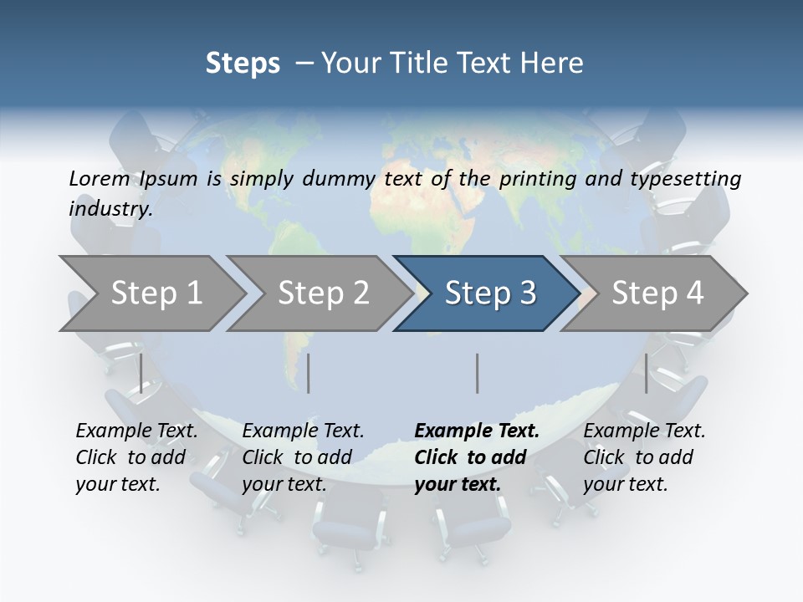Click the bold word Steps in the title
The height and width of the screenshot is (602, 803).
click(243, 63)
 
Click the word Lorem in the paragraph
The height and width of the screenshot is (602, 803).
click(99, 178)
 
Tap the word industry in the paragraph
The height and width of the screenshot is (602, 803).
click(110, 208)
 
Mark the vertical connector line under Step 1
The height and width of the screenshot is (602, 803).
click(141, 373)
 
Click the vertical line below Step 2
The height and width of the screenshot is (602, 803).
click(309, 373)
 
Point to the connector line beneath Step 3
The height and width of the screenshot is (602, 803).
click(478, 373)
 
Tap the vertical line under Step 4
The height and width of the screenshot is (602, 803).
click(646, 373)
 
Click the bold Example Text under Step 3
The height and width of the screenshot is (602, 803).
click(477, 431)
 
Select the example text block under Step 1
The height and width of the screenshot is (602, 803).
click(136, 457)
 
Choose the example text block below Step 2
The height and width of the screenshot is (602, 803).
click(303, 457)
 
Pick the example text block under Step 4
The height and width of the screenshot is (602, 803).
click(644, 457)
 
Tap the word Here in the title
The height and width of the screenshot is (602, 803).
click(555, 63)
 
